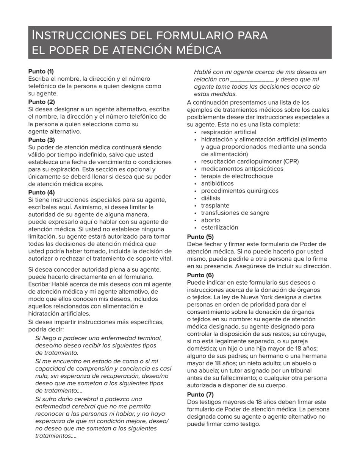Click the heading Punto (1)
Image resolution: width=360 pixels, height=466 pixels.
41,71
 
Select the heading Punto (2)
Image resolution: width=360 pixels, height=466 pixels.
41,102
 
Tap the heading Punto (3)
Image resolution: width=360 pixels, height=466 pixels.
41,140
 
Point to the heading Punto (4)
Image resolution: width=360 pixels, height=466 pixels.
41,192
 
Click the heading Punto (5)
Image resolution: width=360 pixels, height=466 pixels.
200,237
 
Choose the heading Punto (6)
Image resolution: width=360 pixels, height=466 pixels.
200,275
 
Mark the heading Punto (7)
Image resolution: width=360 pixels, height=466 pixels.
200,394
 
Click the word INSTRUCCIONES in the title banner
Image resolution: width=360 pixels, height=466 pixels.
80,35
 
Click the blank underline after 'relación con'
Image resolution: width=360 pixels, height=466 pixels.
252,80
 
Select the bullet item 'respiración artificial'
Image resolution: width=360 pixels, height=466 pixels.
229,132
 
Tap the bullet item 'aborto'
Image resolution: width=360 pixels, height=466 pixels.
210,220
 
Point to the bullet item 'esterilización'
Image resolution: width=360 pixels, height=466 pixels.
219,228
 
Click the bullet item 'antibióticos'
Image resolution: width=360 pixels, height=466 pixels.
217,183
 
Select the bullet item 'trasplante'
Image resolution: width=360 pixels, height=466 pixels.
215,205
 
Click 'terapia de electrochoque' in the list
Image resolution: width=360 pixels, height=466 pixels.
237,176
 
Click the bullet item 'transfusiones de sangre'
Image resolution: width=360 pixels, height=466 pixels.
235,213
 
